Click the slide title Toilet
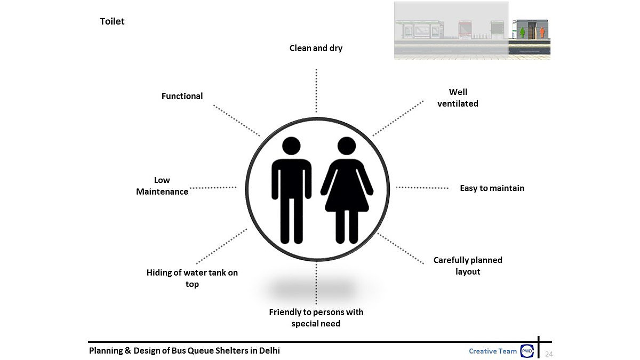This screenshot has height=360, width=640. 112,22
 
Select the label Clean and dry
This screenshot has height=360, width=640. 316,48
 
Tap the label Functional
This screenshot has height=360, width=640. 182,96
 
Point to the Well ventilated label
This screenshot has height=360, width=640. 458,98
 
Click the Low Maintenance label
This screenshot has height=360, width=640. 162,186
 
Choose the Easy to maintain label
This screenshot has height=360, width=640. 492,188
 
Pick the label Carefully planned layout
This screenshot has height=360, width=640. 468,266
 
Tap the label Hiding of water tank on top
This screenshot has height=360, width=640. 192,278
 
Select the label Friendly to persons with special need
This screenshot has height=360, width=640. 316,317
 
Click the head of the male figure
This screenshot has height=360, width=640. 291,147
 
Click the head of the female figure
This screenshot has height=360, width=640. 347,147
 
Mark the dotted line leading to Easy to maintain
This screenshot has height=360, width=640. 422,188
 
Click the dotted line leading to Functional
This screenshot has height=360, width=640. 236,120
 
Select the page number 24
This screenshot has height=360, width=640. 549,354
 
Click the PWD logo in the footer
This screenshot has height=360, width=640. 527,351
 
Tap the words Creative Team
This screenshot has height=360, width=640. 493,351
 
